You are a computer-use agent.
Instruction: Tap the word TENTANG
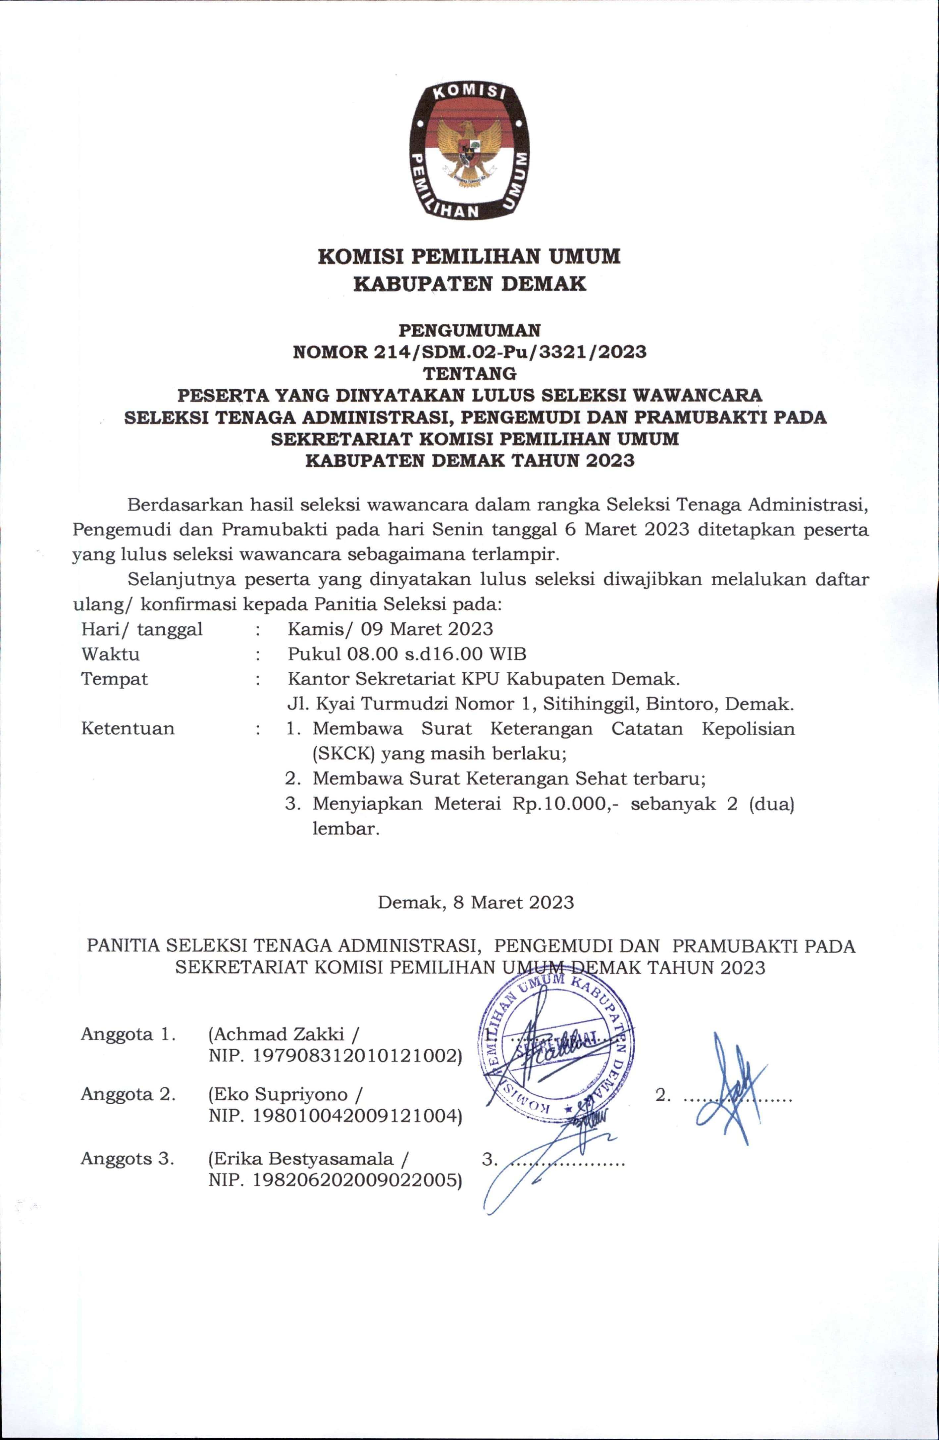click(x=469, y=373)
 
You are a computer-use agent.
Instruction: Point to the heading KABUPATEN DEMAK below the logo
click(x=469, y=284)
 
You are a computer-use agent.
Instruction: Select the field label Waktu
click(x=110, y=654)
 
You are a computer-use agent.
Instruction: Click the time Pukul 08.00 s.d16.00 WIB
click(x=407, y=654)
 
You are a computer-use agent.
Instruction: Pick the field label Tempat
click(x=114, y=679)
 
